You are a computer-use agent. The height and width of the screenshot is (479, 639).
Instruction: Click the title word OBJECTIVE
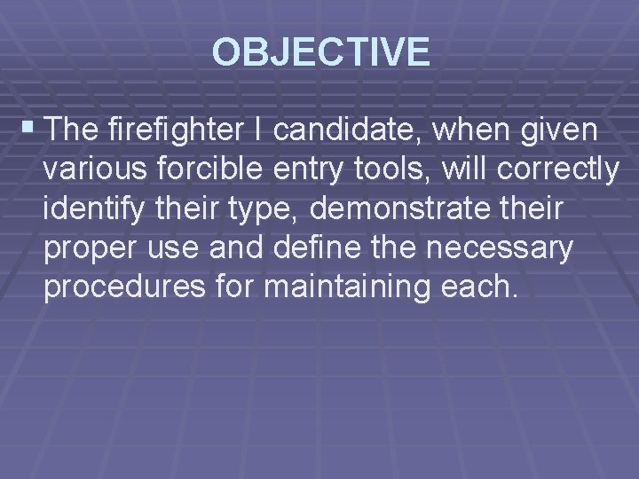[x=321, y=52]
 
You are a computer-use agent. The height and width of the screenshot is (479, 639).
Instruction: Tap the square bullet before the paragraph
[x=33, y=132]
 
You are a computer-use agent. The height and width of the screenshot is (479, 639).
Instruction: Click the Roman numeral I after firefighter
[x=256, y=132]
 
